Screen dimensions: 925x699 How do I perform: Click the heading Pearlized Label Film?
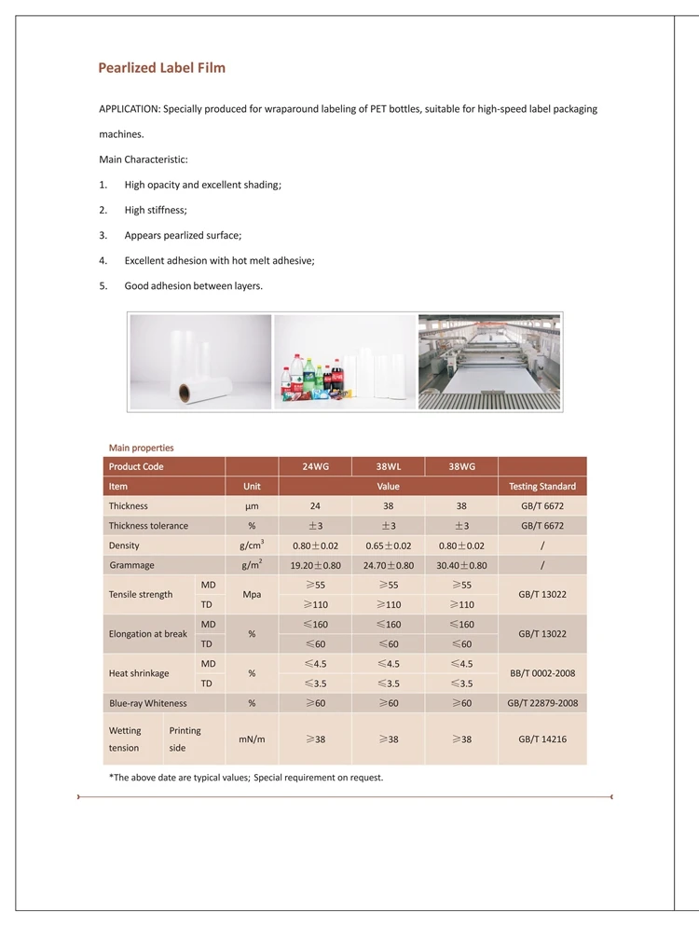[x=162, y=68]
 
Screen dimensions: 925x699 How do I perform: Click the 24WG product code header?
[x=315, y=466]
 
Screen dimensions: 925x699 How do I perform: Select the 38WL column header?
[x=388, y=466]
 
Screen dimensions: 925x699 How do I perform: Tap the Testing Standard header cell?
[x=541, y=486]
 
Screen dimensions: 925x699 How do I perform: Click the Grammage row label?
[x=131, y=565]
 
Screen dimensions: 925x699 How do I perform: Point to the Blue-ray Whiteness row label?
[x=147, y=703]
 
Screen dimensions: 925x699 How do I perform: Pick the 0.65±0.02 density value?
[x=388, y=545]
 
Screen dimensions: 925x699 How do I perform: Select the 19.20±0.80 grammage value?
[x=315, y=565]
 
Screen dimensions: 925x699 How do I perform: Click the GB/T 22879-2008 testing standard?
[x=541, y=703]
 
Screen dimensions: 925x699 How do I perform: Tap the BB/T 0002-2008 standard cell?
[x=541, y=673]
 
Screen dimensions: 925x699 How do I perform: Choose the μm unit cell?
[x=252, y=506]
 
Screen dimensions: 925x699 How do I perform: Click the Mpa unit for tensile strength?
[x=252, y=594]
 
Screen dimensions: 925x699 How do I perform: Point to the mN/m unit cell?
[x=252, y=739]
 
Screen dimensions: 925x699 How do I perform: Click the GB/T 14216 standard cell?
[x=541, y=739]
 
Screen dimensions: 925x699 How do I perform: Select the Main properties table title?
[x=141, y=448]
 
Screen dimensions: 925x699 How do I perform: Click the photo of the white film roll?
[x=200, y=361]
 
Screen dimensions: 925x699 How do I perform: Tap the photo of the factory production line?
[x=490, y=361]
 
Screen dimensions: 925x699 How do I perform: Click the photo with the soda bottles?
[x=345, y=361]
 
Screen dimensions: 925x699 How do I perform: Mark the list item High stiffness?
[x=156, y=210]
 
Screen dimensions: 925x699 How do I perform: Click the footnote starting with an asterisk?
[x=246, y=777]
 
